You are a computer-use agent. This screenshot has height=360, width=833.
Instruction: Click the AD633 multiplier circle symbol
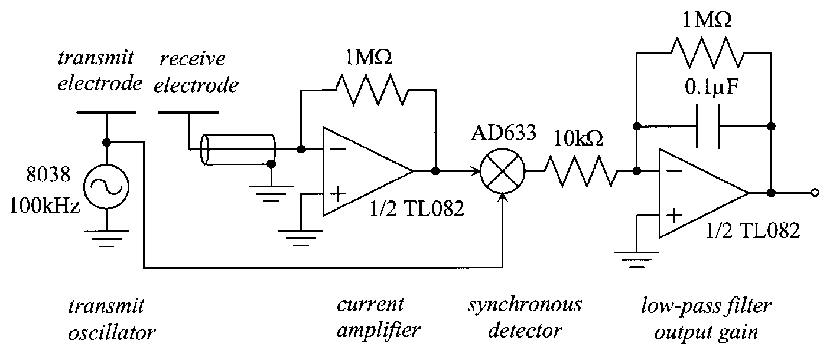pos(502,172)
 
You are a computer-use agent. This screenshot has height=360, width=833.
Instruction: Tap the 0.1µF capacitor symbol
pos(708,126)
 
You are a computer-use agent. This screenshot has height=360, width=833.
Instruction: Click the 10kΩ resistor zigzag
pos(580,171)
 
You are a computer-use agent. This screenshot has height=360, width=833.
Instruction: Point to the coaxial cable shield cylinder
pos(238,150)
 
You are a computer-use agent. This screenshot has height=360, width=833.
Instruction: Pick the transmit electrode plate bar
pos(106,112)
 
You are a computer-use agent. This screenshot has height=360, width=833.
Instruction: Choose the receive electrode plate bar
pos(188,112)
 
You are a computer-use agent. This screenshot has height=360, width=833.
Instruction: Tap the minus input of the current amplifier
pos(337,149)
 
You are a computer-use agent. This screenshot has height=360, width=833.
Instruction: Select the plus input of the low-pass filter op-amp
pos(674,215)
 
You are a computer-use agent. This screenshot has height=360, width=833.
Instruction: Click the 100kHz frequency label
pos(46,205)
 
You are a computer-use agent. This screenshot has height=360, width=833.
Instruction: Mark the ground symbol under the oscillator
pos(107,239)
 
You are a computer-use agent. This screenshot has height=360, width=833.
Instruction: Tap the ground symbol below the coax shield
pos(271,193)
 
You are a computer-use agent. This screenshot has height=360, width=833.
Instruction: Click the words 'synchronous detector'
pos(525,318)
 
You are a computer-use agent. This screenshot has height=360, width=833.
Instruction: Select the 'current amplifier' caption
pos(378,318)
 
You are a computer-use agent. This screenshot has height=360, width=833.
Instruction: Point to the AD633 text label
pos(504,134)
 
